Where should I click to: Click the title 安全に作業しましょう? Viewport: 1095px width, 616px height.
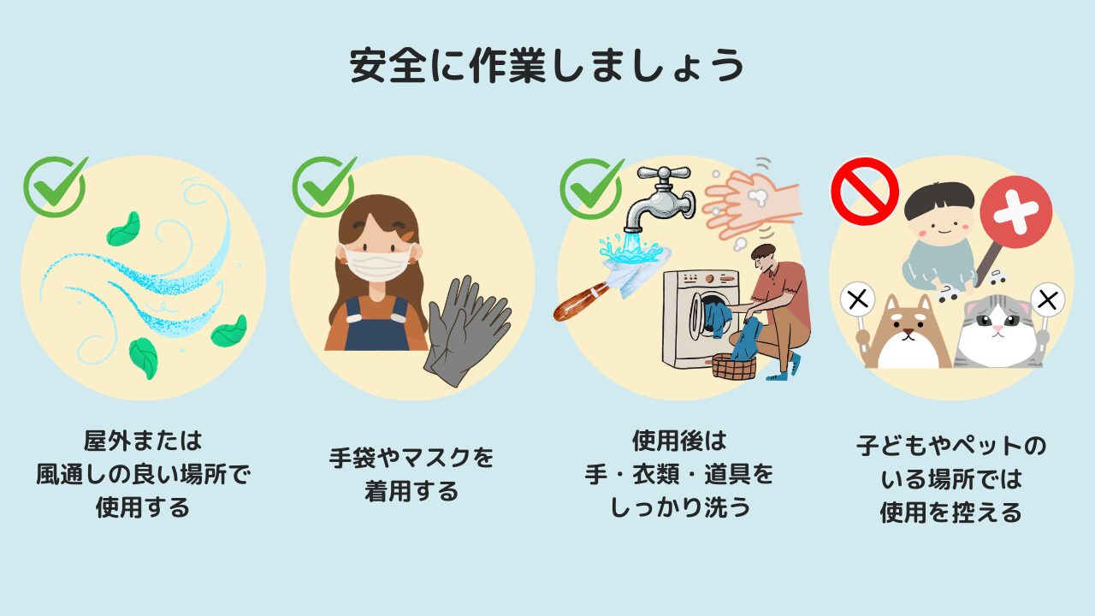[547, 66]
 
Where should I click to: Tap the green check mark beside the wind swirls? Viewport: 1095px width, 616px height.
[55, 187]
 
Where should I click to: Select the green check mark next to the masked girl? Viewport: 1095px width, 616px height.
[323, 187]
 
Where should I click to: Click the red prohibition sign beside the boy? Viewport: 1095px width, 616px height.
[865, 191]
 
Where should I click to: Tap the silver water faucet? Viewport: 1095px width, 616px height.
[660, 199]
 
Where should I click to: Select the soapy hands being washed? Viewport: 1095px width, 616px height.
[750, 205]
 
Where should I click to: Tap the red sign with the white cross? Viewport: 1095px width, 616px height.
[1015, 212]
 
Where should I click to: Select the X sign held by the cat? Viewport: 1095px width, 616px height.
[1048, 299]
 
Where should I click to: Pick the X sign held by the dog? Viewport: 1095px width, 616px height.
[857, 299]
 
